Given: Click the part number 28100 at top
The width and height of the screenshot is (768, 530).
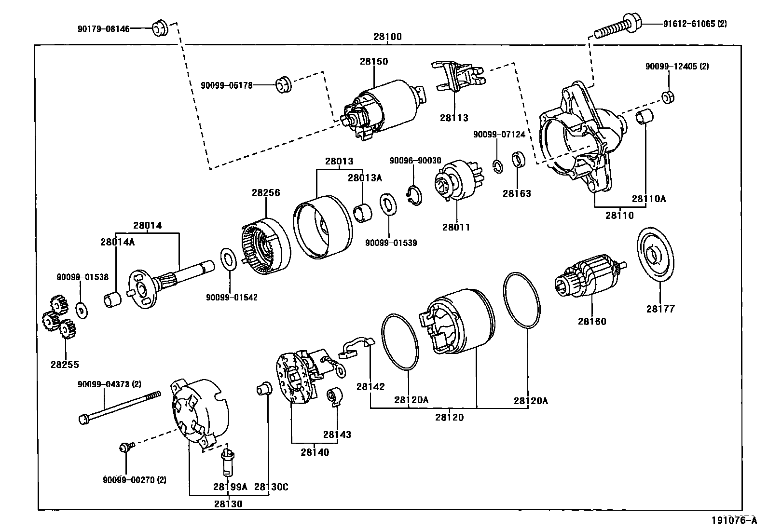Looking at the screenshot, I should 387,37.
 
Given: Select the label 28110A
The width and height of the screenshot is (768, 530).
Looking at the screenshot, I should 648,198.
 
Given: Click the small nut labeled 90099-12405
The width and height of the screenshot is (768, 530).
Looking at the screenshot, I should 668,97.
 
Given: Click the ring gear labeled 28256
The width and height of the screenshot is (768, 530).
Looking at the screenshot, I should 265,246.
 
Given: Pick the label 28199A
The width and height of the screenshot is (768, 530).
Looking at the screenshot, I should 230,487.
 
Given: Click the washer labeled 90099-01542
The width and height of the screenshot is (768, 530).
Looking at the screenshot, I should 229,261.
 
